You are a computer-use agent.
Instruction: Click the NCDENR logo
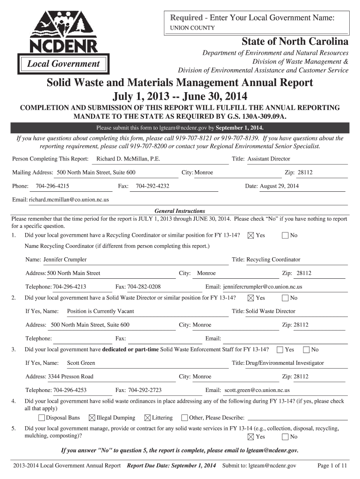point(64,41)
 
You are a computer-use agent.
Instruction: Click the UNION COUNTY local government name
point(192,28)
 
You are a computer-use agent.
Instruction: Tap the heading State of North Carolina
point(295,42)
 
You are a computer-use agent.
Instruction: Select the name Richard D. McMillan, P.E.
point(128,159)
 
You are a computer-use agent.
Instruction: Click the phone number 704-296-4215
point(52,186)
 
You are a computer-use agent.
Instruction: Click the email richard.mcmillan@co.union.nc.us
point(69,200)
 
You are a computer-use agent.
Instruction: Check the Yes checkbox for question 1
point(251,235)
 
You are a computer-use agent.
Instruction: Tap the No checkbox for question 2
point(285,298)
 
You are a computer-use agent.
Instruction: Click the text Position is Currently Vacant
point(101,311)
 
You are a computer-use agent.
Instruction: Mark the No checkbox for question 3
point(307,350)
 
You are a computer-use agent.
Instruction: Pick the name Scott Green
point(81,363)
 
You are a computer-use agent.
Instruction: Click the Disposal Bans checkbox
point(42,418)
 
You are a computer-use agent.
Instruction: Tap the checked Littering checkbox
point(148,418)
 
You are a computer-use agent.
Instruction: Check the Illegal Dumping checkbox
point(92,418)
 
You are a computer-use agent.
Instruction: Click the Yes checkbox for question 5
point(251,437)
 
